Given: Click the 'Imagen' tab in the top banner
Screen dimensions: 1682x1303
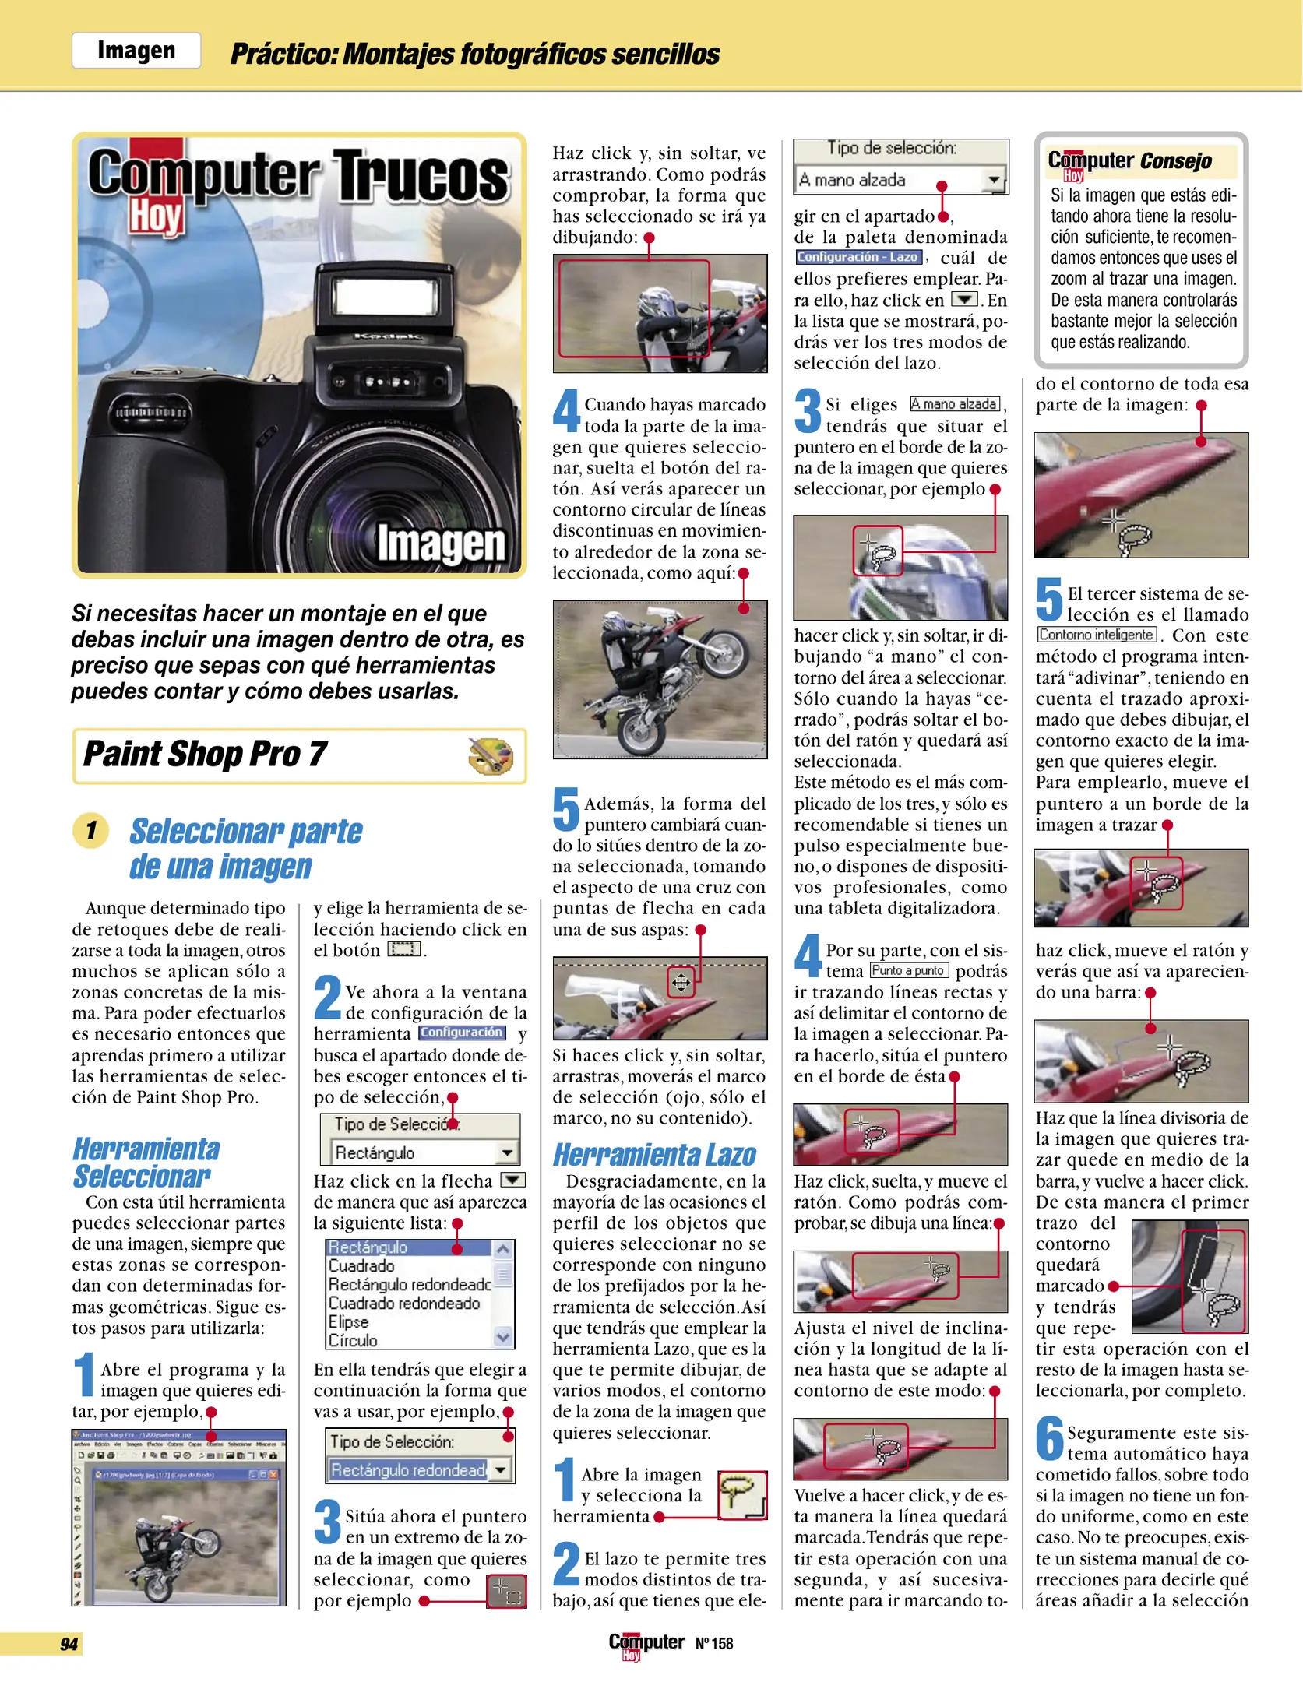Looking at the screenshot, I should [136, 51].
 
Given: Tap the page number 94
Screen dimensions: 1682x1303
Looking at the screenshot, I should [69, 1644].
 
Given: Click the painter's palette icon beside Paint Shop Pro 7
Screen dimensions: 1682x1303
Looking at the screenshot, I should [491, 755].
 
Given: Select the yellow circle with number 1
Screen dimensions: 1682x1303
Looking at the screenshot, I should [91, 830].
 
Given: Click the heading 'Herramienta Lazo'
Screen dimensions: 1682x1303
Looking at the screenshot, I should [654, 1155].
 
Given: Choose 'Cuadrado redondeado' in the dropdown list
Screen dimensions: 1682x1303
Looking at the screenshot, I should [403, 1303].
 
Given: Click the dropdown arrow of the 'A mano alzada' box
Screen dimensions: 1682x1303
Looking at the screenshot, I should [993, 180].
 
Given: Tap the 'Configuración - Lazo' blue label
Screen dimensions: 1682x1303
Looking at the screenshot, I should [858, 257].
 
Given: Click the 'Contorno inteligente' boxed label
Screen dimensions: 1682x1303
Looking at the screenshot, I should [1096, 635].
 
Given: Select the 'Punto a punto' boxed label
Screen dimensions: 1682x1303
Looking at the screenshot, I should [909, 970].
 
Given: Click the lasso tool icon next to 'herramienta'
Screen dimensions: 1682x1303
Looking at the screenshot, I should [741, 1495].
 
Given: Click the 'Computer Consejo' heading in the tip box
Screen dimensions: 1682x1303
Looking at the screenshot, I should [1129, 161].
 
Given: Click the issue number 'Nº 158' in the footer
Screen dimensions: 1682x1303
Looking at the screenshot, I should [714, 1643].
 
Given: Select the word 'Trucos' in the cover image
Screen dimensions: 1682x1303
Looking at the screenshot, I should [421, 177].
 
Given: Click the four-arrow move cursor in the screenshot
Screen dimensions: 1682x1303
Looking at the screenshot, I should [681, 982].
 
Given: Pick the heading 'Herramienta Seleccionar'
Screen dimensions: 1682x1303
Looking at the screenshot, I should [146, 1163].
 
